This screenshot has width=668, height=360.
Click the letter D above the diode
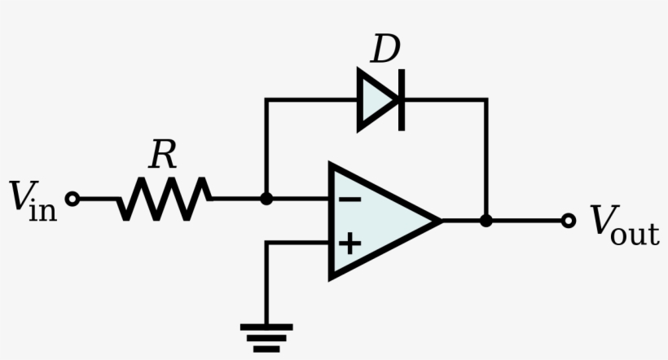[x=385, y=50]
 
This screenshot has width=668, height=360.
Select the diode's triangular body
[x=377, y=100]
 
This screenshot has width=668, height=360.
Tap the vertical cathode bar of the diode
[x=401, y=100]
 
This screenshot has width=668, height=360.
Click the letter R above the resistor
[x=163, y=156]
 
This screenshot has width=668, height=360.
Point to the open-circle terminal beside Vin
[x=73, y=198]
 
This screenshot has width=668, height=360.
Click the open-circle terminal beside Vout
[x=569, y=220]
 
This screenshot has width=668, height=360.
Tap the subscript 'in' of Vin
[x=44, y=211]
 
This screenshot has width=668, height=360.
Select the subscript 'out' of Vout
[x=637, y=235]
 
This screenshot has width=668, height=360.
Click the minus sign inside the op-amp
[x=349, y=199]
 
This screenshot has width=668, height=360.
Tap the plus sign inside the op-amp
[x=349, y=242]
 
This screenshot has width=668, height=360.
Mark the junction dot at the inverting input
[x=266, y=198]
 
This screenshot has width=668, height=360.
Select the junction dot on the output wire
[x=486, y=220]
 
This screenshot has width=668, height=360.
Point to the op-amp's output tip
[x=440, y=220]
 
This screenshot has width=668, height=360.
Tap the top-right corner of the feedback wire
[x=486, y=100]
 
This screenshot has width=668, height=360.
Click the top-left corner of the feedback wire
[x=266, y=100]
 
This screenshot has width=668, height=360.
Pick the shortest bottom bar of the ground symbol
[x=266, y=349]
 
